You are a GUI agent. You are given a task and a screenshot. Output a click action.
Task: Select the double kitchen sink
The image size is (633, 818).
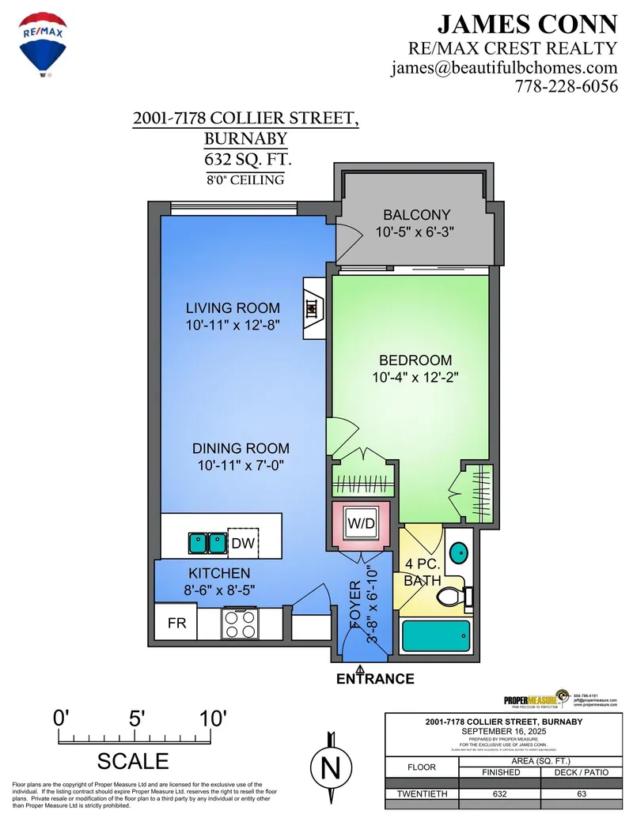(x=207, y=543)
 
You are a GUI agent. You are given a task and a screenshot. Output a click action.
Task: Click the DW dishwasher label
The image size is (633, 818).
(x=242, y=543)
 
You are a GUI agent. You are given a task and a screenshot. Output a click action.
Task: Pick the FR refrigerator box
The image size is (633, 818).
(x=176, y=623)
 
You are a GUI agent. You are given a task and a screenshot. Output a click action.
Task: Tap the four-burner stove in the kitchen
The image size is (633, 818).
(x=241, y=624)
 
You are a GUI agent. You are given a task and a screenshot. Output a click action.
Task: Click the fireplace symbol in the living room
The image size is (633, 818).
(x=313, y=307)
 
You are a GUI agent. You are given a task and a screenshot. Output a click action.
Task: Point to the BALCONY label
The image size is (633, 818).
(x=416, y=215)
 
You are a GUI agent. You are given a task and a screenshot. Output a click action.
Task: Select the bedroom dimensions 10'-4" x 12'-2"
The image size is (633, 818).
(x=416, y=378)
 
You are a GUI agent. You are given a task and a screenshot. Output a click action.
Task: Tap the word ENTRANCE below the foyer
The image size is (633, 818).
(x=375, y=679)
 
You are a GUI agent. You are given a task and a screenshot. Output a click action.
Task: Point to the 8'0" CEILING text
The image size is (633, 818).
(x=245, y=180)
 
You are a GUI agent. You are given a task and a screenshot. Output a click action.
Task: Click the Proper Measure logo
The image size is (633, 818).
(x=535, y=699)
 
